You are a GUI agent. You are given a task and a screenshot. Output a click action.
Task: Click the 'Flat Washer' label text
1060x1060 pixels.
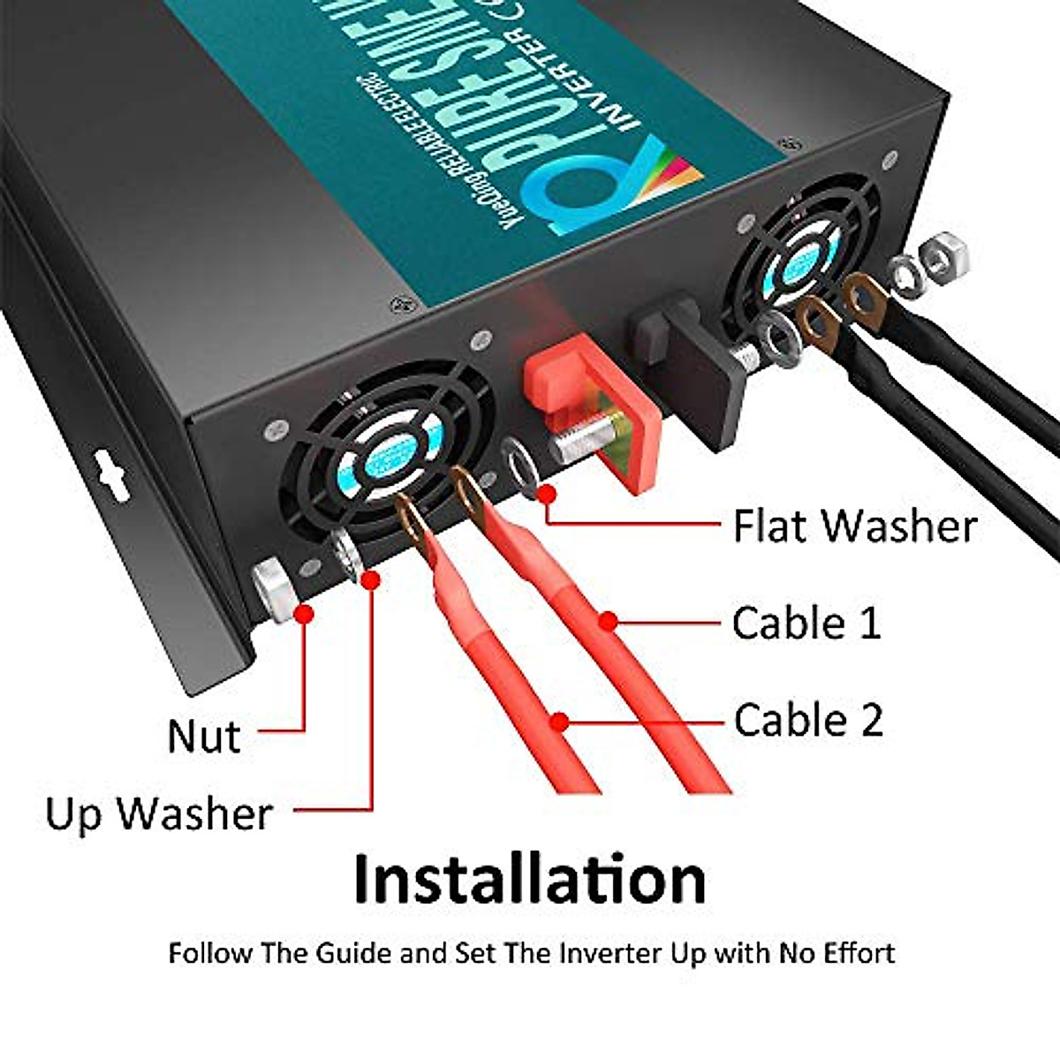coord(854,526)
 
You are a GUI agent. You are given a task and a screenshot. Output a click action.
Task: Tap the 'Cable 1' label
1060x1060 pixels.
coord(806,623)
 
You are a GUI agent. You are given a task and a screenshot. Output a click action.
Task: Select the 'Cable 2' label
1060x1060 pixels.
coord(807,720)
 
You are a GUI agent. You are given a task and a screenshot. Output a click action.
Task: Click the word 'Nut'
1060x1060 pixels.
coord(203,736)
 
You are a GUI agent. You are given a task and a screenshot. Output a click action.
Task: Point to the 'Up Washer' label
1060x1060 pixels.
coord(158,814)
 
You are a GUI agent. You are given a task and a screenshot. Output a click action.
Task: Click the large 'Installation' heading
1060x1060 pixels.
coord(529,880)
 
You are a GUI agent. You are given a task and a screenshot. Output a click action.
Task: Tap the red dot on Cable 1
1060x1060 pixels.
coord(607,622)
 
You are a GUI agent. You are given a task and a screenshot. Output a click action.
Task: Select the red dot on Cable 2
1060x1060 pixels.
coord(558,722)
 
